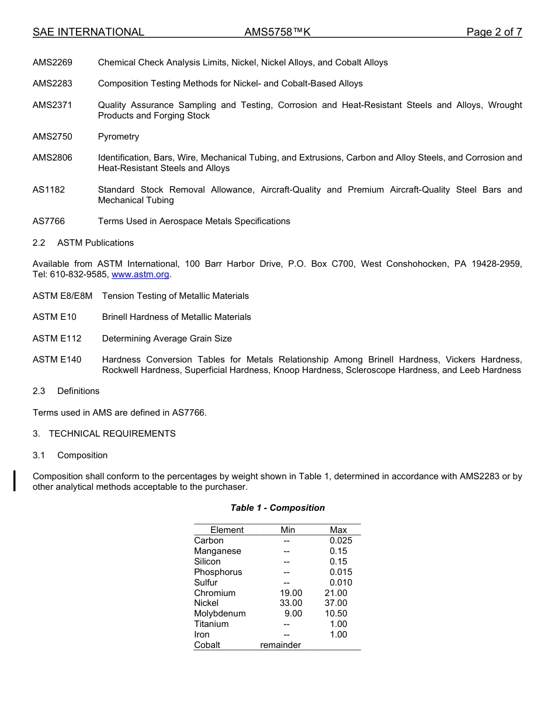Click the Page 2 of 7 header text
pos(494,32)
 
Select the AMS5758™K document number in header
pos(277,32)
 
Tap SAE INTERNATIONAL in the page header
pos(88,32)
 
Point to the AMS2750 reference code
pos(53,137)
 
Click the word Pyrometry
pos(119,137)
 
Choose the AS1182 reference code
pos(48,190)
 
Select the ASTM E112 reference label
pos(57,339)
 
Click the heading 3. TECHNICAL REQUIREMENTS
pos(104,434)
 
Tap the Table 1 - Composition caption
pos(277,508)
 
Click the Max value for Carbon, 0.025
pos(341,541)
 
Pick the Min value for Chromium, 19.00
pos(291,593)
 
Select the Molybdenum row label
pos(220,614)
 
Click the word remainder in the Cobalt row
pos(280,645)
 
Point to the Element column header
pos(227,530)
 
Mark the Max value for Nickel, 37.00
pos(336,603)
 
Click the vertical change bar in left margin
pos(15,482)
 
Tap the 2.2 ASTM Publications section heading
pos(83,243)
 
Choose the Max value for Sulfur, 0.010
pos(341,583)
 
